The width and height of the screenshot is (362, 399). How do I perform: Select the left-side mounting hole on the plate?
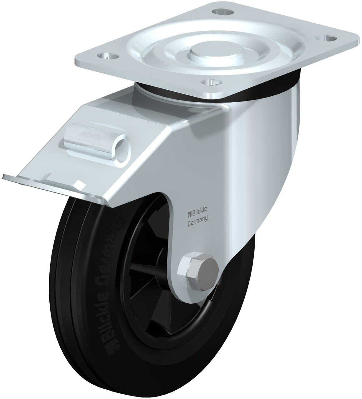pos(107,56)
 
